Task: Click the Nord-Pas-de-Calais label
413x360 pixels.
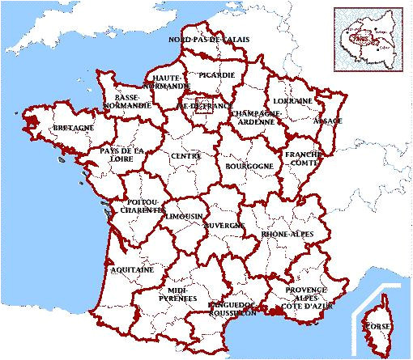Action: click(209, 40)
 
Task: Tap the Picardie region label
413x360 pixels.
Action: click(216, 75)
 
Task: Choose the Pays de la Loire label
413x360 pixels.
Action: click(122, 155)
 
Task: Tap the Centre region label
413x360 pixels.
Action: click(185, 155)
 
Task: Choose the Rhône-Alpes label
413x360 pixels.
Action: click(287, 234)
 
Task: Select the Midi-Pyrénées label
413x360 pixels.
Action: click(182, 293)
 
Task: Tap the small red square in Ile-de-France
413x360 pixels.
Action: click(203, 106)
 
